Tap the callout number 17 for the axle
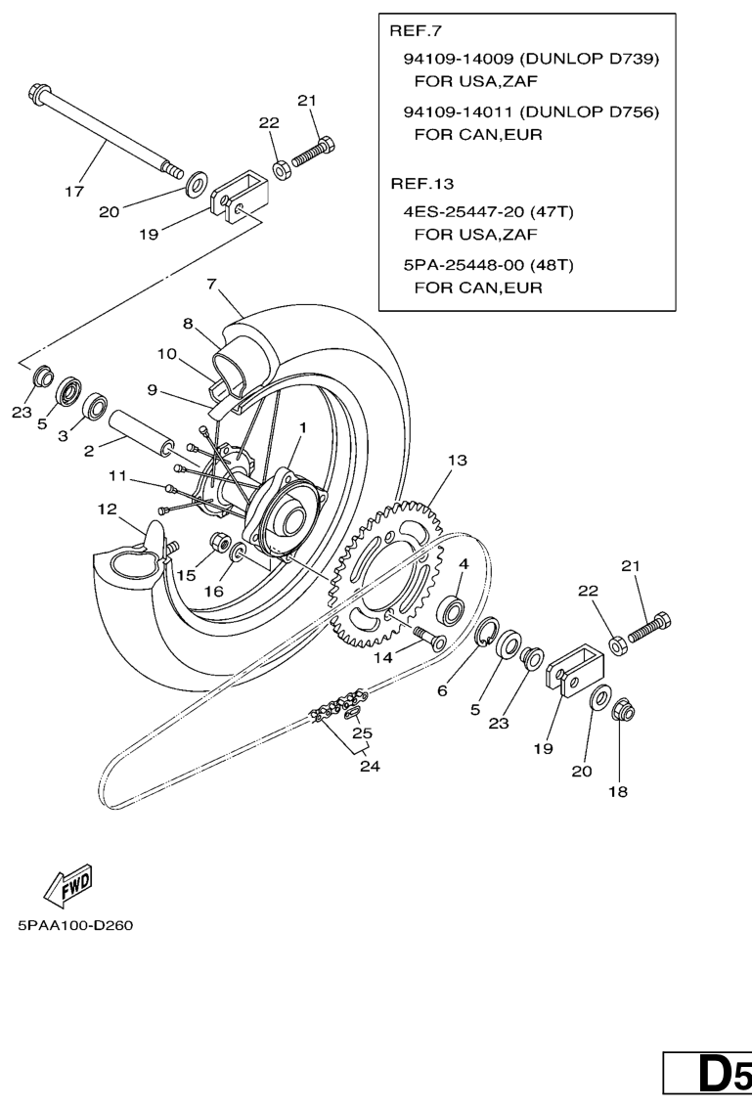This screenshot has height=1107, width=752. tap(74, 192)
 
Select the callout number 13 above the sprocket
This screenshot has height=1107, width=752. tap(458, 460)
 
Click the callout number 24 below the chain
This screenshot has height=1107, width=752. tap(370, 767)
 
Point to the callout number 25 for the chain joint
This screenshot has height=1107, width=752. tap(362, 732)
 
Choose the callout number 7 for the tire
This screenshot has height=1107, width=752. tap(211, 286)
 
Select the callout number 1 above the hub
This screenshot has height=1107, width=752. tap(303, 427)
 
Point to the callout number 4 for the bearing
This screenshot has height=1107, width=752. tap(463, 563)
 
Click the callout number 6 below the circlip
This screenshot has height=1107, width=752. tap(442, 690)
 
